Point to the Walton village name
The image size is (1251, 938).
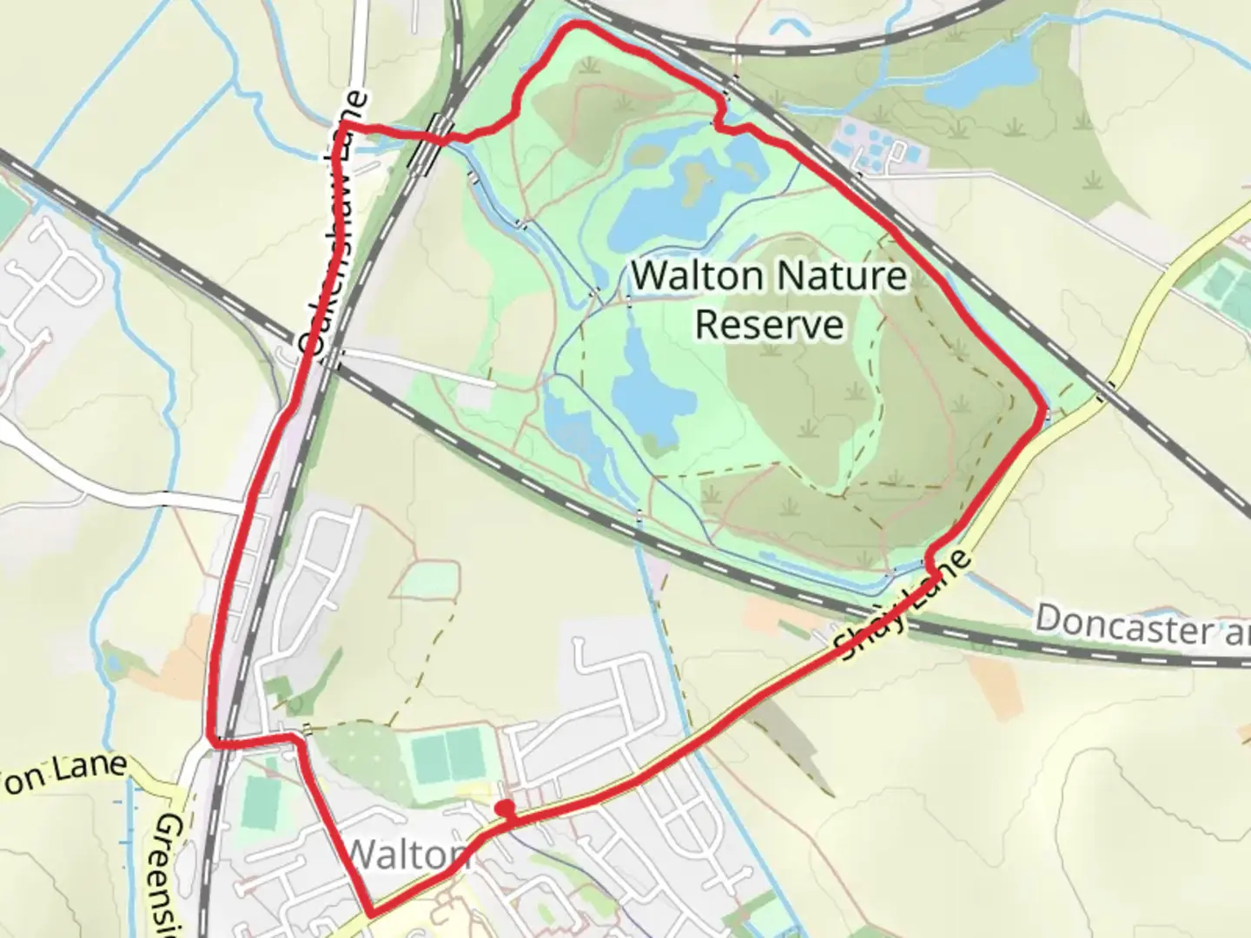pyautogui.click(x=407, y=855)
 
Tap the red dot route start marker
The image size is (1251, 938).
pyautogui.click(x=505, y=809)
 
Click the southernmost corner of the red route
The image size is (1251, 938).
pyautogui.click(x=372, y=914)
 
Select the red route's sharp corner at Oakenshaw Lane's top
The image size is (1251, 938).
pyautogui.click(x=345, y=127)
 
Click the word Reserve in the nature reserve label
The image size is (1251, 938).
pyautogui.click(x=769, y=325)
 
